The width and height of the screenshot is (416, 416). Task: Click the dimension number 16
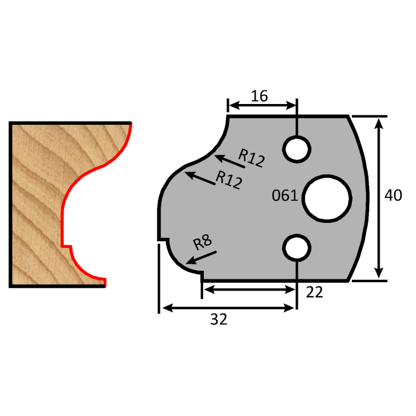tap(259, 95)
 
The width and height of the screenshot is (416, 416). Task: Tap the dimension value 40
tap(393, 196)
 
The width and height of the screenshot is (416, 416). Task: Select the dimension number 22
tap(315, 292)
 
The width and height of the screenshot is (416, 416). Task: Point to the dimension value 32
tap(218, 320)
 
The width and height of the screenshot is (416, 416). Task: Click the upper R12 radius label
tap(251, 158)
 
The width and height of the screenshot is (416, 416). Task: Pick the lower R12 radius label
tap(229, 179)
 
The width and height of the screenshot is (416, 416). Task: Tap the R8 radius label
tap(203, 243)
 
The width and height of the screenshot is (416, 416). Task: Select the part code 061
tap(285, 196)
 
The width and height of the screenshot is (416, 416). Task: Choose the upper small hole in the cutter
tap(296, 148)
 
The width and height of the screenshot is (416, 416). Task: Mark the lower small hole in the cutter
tap(296, 247)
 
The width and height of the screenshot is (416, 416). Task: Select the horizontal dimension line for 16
tap(262, 106)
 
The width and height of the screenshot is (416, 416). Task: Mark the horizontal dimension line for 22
tap(249, 289)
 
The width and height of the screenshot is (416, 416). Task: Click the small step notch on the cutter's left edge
tap(162, 239)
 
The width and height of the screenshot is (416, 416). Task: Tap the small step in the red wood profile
tap(67, 245)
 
